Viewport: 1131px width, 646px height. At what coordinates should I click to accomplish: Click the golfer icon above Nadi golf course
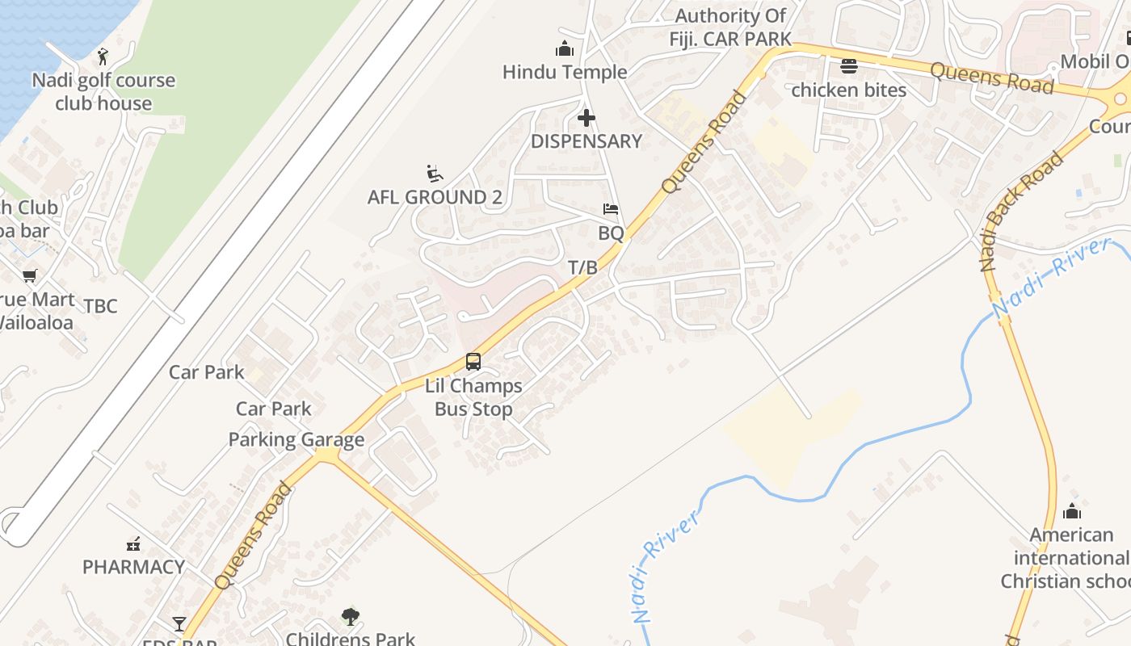point(103,57)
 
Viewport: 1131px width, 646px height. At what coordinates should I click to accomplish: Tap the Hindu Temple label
point(565,72)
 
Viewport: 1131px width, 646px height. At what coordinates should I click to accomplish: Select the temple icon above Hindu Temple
point(564,48)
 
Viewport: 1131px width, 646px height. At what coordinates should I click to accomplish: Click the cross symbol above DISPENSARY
point(587,118)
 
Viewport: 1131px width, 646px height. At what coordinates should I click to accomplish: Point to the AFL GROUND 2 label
point(435,197)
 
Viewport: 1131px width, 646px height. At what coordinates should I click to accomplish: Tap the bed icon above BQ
point(611,209)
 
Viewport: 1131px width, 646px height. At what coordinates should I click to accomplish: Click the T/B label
point(582,267)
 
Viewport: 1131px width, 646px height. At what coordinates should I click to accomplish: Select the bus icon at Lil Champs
point(473,362)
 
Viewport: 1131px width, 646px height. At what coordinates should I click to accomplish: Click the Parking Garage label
point(296,440)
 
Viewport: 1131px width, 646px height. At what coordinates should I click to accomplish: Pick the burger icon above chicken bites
point(848,66)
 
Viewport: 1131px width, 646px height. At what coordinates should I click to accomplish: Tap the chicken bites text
point(848,90)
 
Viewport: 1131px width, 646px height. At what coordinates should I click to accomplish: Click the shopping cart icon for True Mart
point(30,275)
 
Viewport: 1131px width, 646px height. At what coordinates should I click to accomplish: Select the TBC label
point(101,306)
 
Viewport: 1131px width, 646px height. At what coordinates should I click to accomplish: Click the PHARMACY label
point(133,567)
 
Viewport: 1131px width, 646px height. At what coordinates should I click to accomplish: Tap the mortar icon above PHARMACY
point(133,544)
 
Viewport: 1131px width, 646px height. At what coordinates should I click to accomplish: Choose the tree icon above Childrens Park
point(350,617)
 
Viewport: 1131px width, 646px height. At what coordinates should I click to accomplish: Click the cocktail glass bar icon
point(179,624)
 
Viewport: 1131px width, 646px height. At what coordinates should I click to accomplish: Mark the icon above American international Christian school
point(1072,511)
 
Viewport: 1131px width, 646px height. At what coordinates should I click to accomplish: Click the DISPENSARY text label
point(586,141)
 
